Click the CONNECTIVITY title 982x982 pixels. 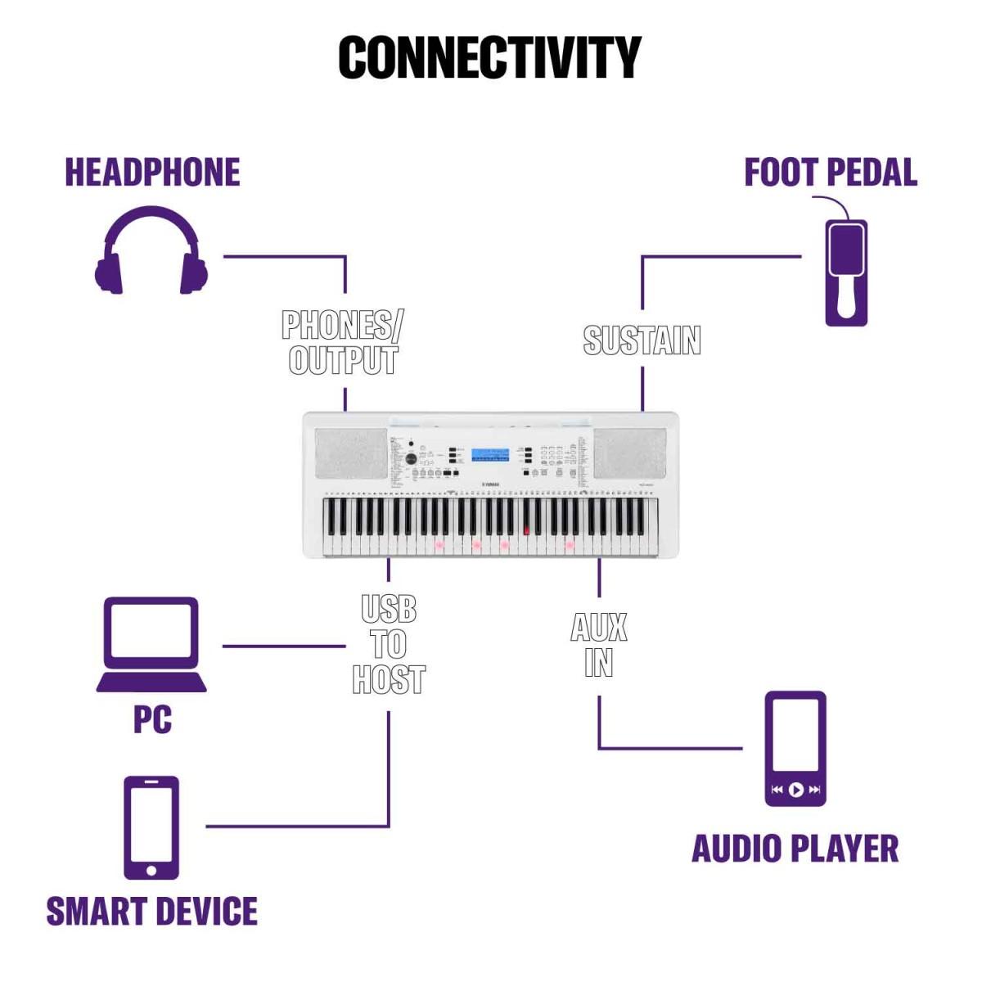click(x=489, y=57)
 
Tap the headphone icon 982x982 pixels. click(x=151, y=252)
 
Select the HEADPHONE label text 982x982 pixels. click(x=152, y=173)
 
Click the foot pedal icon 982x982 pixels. click(x=845, y=272)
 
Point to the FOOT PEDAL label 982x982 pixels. click(x=830, y=173)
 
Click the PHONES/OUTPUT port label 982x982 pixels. click(x=343, y=342)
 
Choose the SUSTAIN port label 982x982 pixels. click(x=642, y=340)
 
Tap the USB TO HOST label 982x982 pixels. click(x=389, y=644)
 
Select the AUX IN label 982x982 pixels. click(x=599, y=645)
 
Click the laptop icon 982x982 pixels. click(x=151, y=645)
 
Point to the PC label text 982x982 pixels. click(x=152, y=719)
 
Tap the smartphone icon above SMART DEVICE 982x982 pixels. click(x=151, y=827)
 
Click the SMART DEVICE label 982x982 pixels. click(x=152, y=912)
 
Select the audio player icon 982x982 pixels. click(x=795, y=748)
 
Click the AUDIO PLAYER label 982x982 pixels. click(x=795, y=849)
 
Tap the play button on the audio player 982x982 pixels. click(x=795, y=790)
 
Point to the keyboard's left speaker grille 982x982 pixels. click(x=351, y=454)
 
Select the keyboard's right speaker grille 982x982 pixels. click(x=630, y=454)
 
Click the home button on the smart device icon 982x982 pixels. click(x=151, y=867)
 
